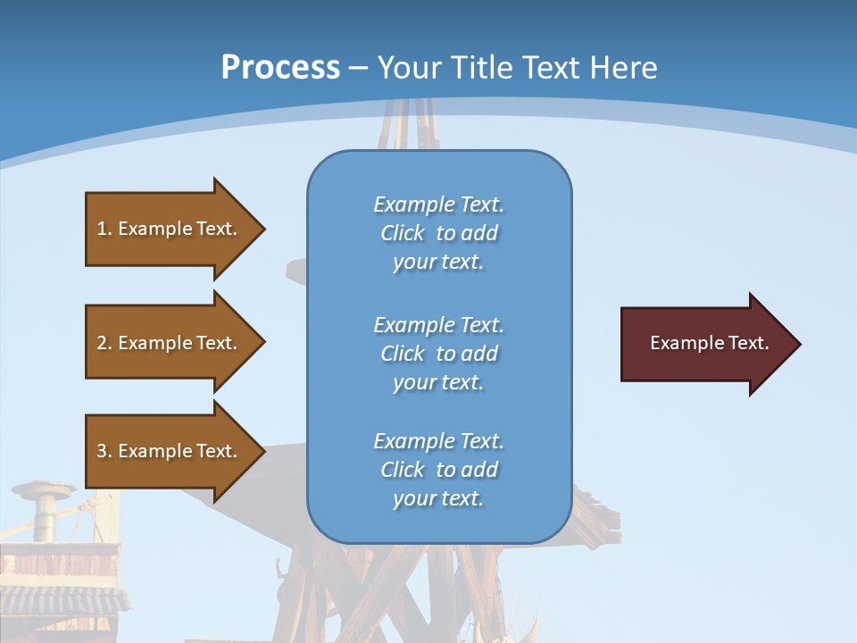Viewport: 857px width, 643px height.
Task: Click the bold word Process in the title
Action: pos(280,68)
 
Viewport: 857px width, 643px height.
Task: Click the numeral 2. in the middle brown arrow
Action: pos(104,343)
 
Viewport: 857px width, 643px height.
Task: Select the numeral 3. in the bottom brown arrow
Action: pos(104,451)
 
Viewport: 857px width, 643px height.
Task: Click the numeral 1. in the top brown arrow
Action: pos(104,229)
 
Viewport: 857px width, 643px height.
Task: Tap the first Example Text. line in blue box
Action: pos(438,205)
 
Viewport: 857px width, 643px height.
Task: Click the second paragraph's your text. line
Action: pos(438,382)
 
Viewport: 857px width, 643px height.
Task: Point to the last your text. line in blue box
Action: pos(438,498)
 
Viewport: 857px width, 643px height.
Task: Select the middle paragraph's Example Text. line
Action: pos(438,325)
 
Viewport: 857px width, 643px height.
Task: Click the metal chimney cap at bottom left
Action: pos(43,489)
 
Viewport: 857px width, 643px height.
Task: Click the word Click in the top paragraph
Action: pos(402,233)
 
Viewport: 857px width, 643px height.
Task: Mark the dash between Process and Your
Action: pos(358,68)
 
